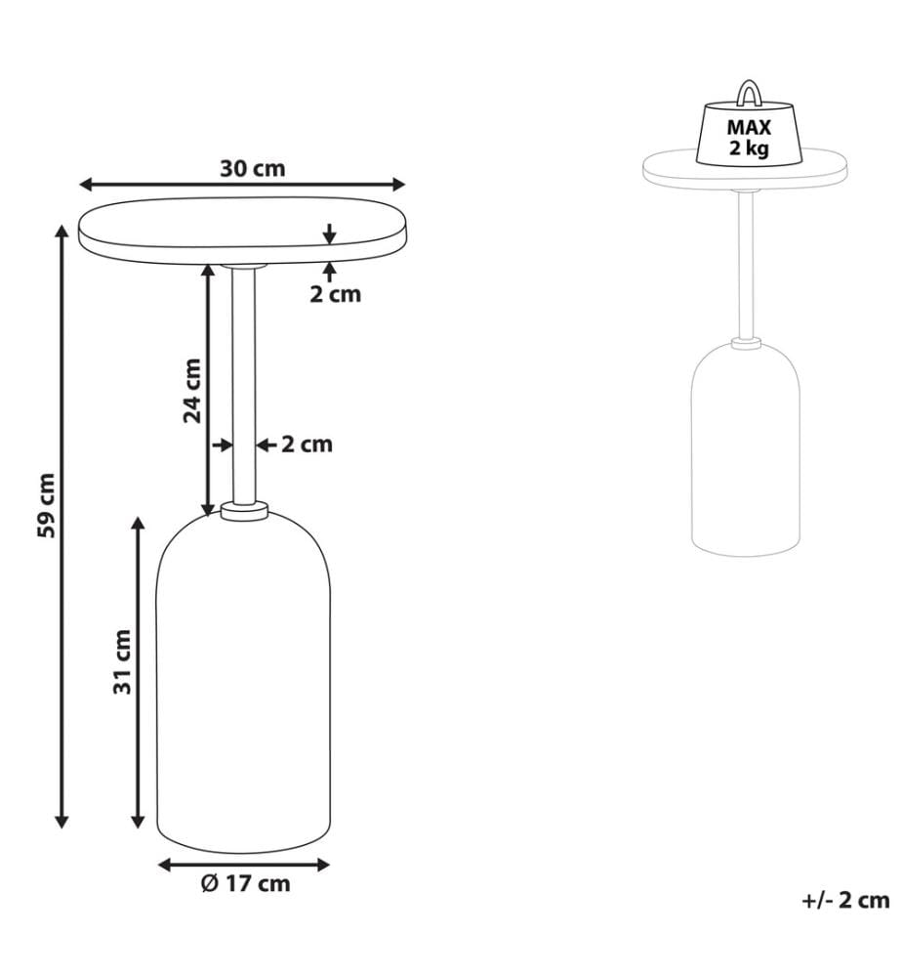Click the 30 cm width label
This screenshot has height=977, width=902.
(x=252, y=168)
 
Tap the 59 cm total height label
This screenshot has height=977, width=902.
(x=47, y=505)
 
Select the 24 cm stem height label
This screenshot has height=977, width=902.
(x=193, y=392)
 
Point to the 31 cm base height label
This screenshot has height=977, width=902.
(x=123, y=661)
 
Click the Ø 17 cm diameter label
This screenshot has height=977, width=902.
(x=245, y=883)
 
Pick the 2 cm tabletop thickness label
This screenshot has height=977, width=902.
(x=336, y=294)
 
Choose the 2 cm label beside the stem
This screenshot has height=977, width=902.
(x=307, y=445)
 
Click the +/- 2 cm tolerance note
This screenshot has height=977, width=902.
(x=846, y=901)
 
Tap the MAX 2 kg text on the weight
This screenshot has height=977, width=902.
(x=749, y=137)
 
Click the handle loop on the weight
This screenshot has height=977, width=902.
(x=747, y=92)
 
